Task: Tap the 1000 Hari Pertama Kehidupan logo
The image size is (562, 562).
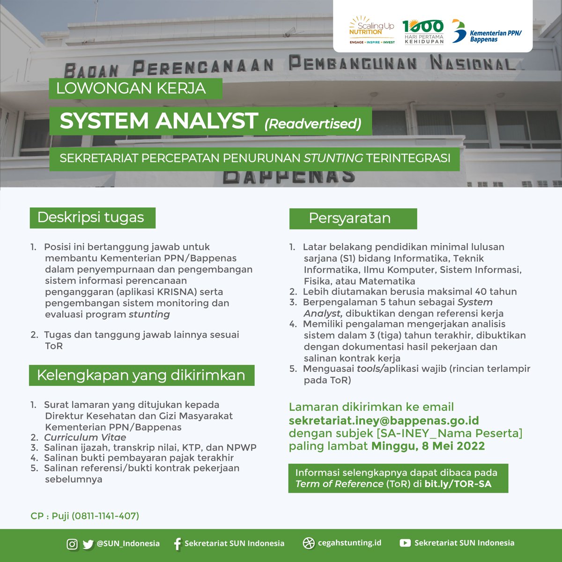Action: pos(423,31)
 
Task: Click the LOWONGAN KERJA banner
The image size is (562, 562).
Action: pos(131,89)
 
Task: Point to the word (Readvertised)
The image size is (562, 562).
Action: pos(313,124)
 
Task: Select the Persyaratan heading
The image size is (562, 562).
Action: pos(350,218)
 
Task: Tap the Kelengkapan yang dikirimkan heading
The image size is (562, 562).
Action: pos(141,375)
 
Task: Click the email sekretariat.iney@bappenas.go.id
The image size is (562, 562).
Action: pos(384,420)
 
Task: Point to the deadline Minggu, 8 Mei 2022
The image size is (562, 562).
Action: pos(428,446)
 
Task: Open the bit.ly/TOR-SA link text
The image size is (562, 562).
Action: pos(458,484)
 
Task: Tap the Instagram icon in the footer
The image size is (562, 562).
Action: pos(72,544)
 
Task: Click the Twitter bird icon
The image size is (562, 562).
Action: pos(88,544)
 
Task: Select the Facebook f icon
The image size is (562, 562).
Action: pos(177,544)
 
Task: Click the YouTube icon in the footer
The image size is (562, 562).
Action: pos(405,543)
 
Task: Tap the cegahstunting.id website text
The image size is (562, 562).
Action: pos(349,543)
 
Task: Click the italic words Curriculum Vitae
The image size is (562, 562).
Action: pos(85,437)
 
